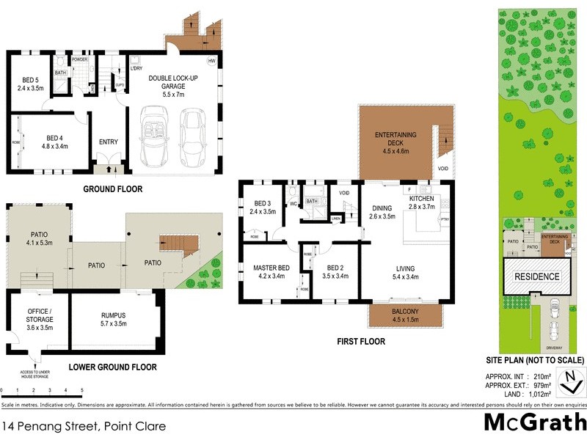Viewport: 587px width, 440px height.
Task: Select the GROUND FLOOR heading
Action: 114,189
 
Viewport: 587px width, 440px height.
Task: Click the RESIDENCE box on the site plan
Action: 536,277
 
